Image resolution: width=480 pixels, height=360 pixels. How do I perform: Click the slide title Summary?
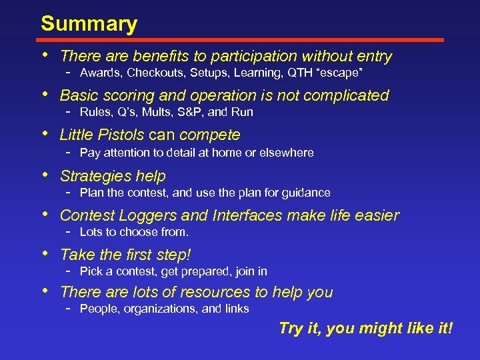[x=89, y=24]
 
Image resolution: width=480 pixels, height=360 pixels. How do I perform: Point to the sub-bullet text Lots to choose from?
[x=134, y=232]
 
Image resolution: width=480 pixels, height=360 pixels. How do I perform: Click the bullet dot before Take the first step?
[x=44, y=254]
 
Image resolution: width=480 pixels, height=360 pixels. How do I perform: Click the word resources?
[x=216, y=292]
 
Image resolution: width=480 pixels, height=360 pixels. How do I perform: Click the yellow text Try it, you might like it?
[x=365, y=328]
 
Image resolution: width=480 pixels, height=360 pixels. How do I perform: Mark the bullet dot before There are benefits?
[x=44, y=56]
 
